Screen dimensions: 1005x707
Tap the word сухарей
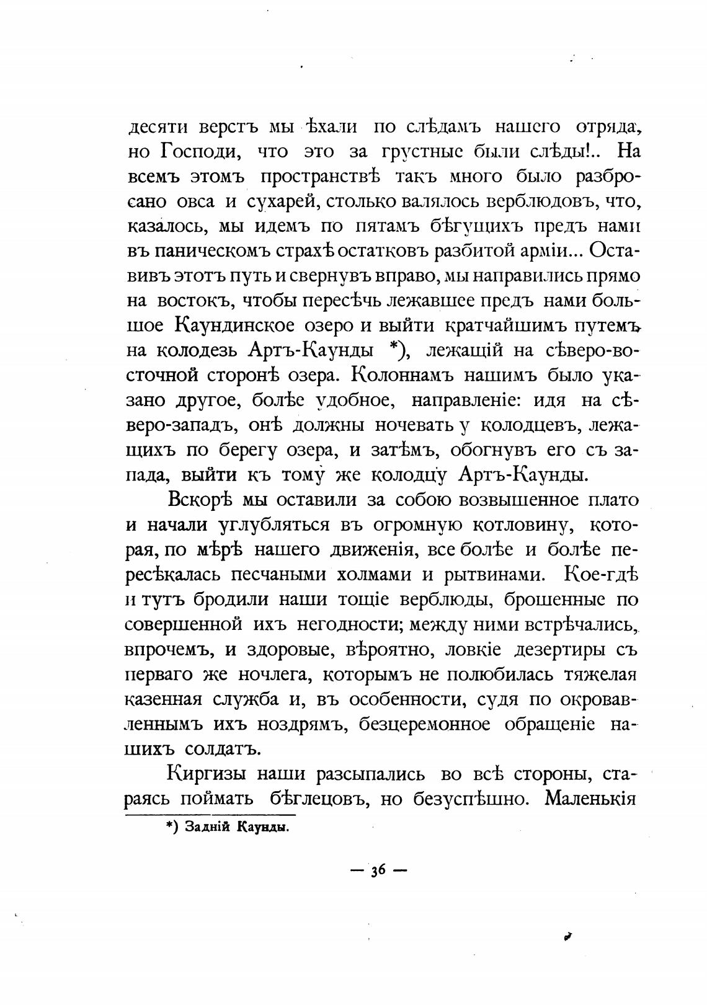(x=283, y=202)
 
